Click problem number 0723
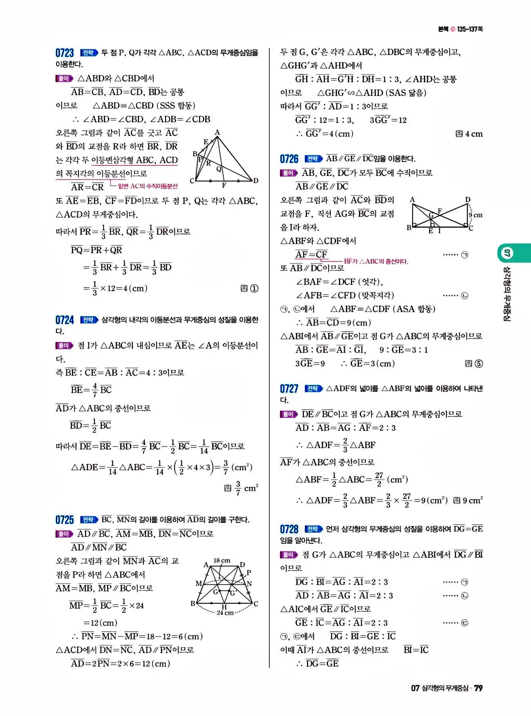click(65, 53)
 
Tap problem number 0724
click(65, 320)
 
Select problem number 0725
click(65, 520)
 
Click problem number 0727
click(289, 389)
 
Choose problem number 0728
click(289, 529)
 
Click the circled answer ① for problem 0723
click(254, 289)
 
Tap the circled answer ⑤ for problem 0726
click(478, 364)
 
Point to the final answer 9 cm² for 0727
click(473, 500)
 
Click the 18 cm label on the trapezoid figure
click(222, 561)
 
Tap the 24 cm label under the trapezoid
click(225, 613)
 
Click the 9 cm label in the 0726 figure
click(475, 215)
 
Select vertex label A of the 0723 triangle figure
click(217, 132)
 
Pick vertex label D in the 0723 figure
click(256, 180)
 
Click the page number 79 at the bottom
click(478, 688)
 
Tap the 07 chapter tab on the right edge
click(507, 253)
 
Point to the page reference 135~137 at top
click(470, 29)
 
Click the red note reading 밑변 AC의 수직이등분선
click(148, 187)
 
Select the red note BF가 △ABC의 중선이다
click(376, 261)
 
